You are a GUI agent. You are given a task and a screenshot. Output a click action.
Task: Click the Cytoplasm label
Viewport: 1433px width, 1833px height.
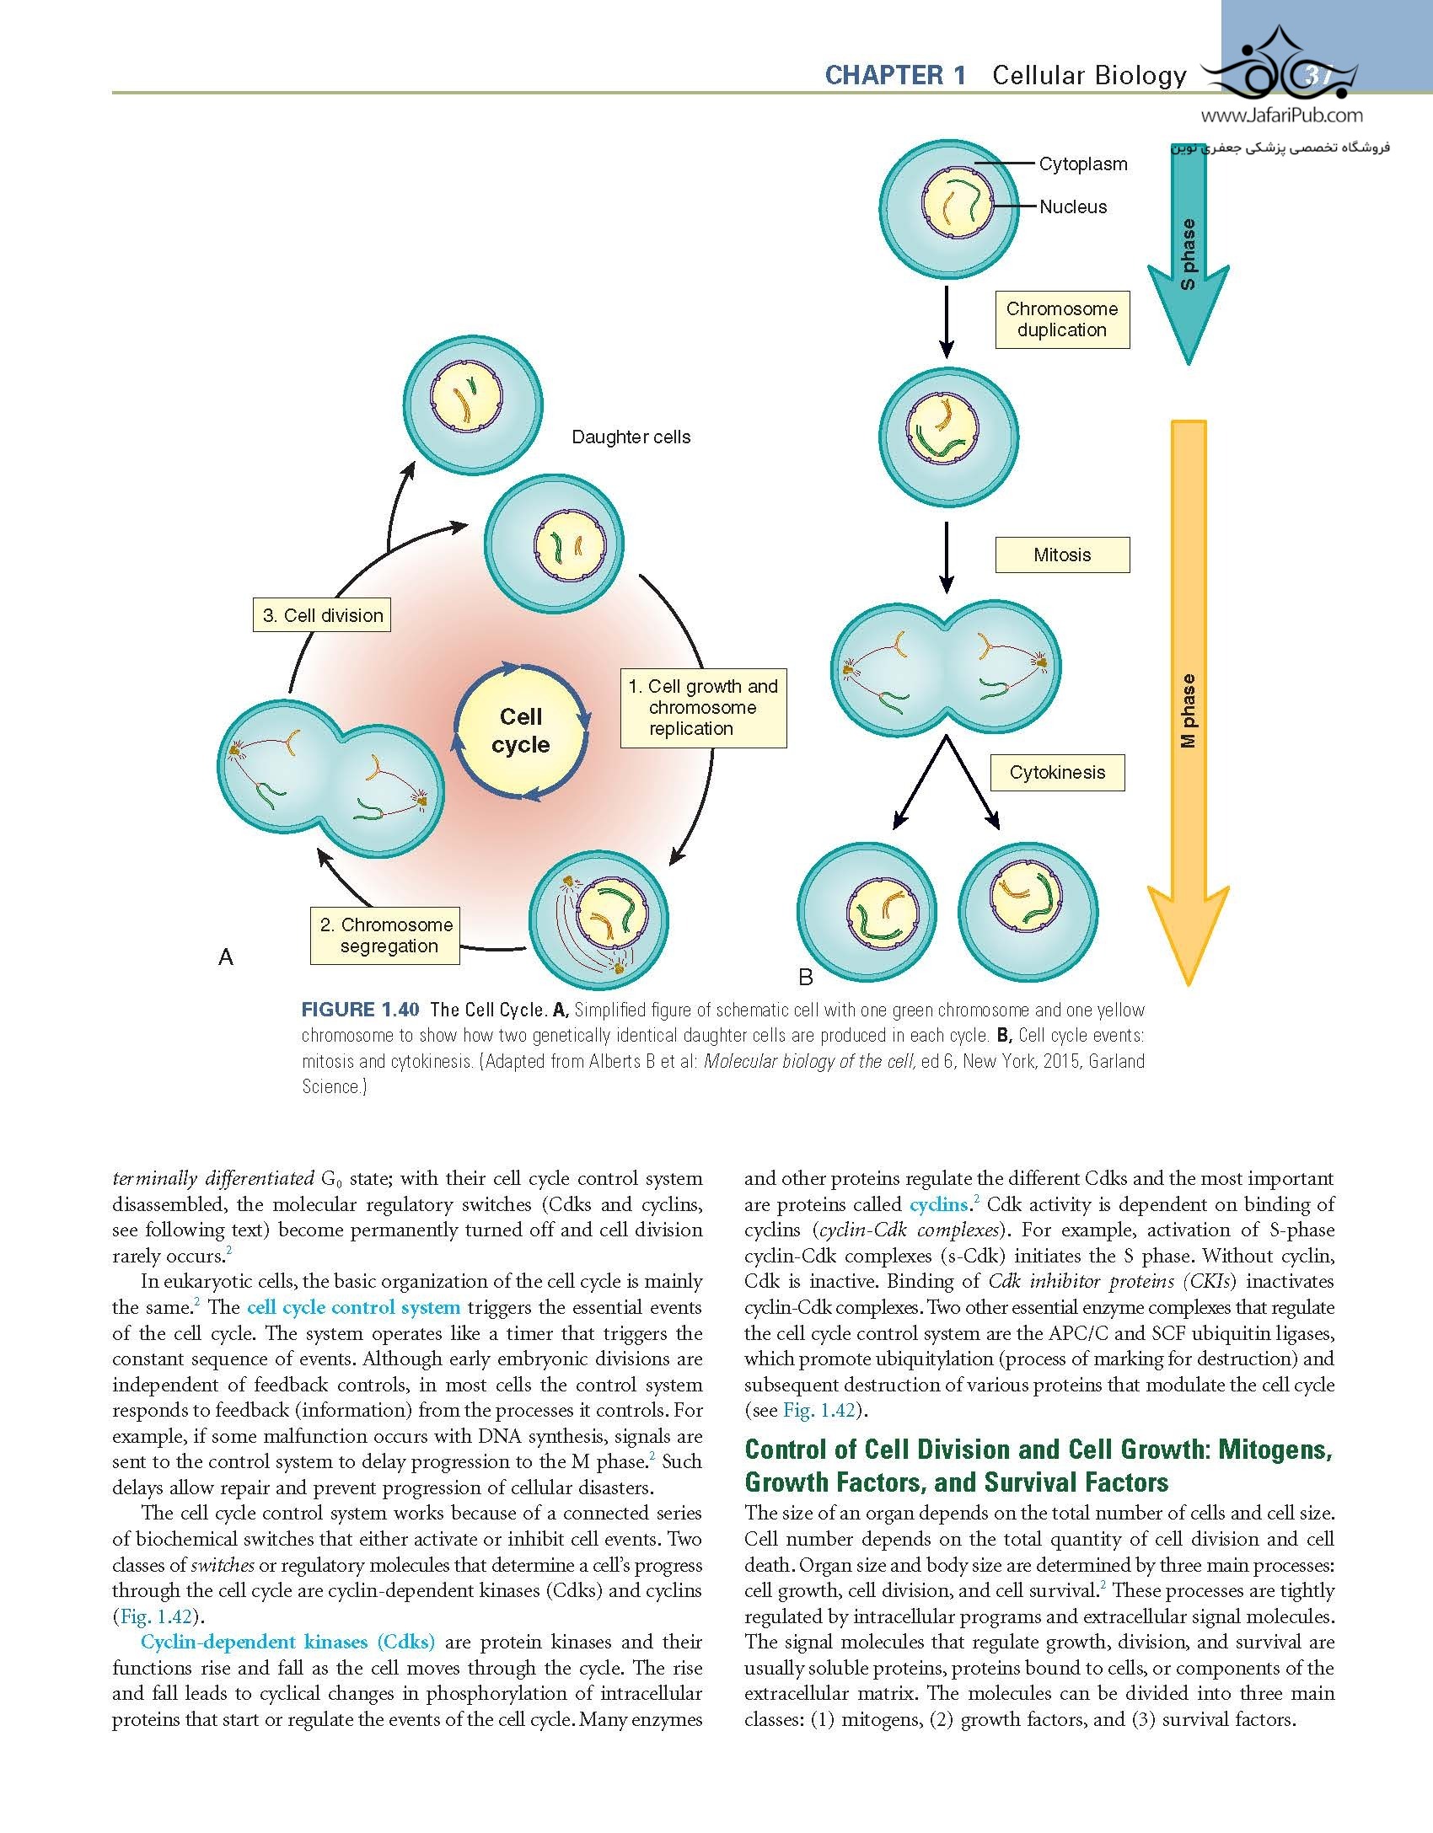coord(1082,164)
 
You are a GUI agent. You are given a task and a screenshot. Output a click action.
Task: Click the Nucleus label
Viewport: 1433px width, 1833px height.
coord(1072,207)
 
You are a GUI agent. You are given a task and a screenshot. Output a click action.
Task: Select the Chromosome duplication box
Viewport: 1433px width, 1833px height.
coord(1061,319)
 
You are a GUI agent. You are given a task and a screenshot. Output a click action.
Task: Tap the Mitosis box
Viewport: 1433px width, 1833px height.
coord(1061,555)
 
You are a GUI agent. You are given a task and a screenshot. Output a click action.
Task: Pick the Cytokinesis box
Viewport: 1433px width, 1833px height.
coord(1057,773)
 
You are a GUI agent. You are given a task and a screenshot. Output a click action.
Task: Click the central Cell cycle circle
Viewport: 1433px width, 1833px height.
coord(521,731)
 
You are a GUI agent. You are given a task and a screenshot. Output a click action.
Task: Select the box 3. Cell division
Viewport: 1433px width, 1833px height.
coord(322,615)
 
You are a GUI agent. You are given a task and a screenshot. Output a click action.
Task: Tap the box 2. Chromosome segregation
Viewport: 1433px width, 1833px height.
coord(386,935)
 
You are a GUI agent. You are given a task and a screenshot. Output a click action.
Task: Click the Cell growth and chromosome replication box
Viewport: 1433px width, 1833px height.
coord(703,708)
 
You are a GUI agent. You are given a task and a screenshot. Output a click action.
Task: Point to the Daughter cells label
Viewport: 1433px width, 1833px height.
coord(631,437)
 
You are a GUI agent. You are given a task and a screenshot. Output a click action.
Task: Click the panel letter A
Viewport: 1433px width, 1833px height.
coord(225,957)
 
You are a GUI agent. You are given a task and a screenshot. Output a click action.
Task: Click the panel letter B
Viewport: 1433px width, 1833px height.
coord(805,978)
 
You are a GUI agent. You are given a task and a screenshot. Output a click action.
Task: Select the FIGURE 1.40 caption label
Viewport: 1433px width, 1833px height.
coord(362,1010)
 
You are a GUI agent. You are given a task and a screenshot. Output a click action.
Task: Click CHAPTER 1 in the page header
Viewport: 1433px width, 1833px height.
coord(895,76)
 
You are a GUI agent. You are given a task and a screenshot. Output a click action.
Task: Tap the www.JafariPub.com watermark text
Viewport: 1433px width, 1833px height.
coord(1280,116)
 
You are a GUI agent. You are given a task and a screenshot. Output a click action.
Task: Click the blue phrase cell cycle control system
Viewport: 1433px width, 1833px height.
coord(353,1308)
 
